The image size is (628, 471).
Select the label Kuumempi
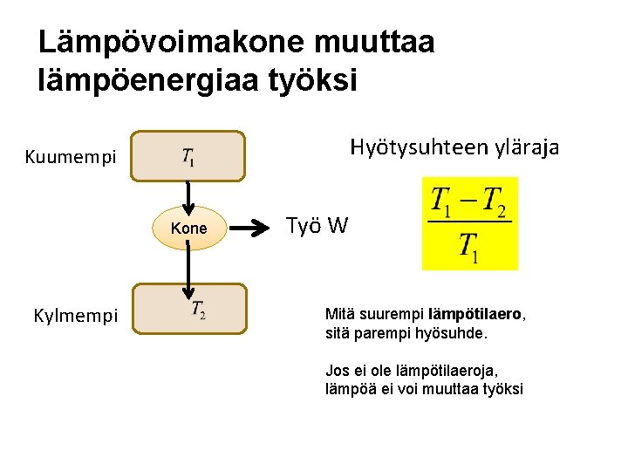coord(71,158)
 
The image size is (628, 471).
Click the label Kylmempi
coord(76,315)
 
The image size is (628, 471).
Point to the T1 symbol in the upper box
coord(188,157)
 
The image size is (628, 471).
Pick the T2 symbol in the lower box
coord(198,310)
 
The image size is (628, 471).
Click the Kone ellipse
coord(189,229)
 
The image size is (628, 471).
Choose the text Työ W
coord(317,227)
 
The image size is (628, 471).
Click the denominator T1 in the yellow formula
coord(469,248)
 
